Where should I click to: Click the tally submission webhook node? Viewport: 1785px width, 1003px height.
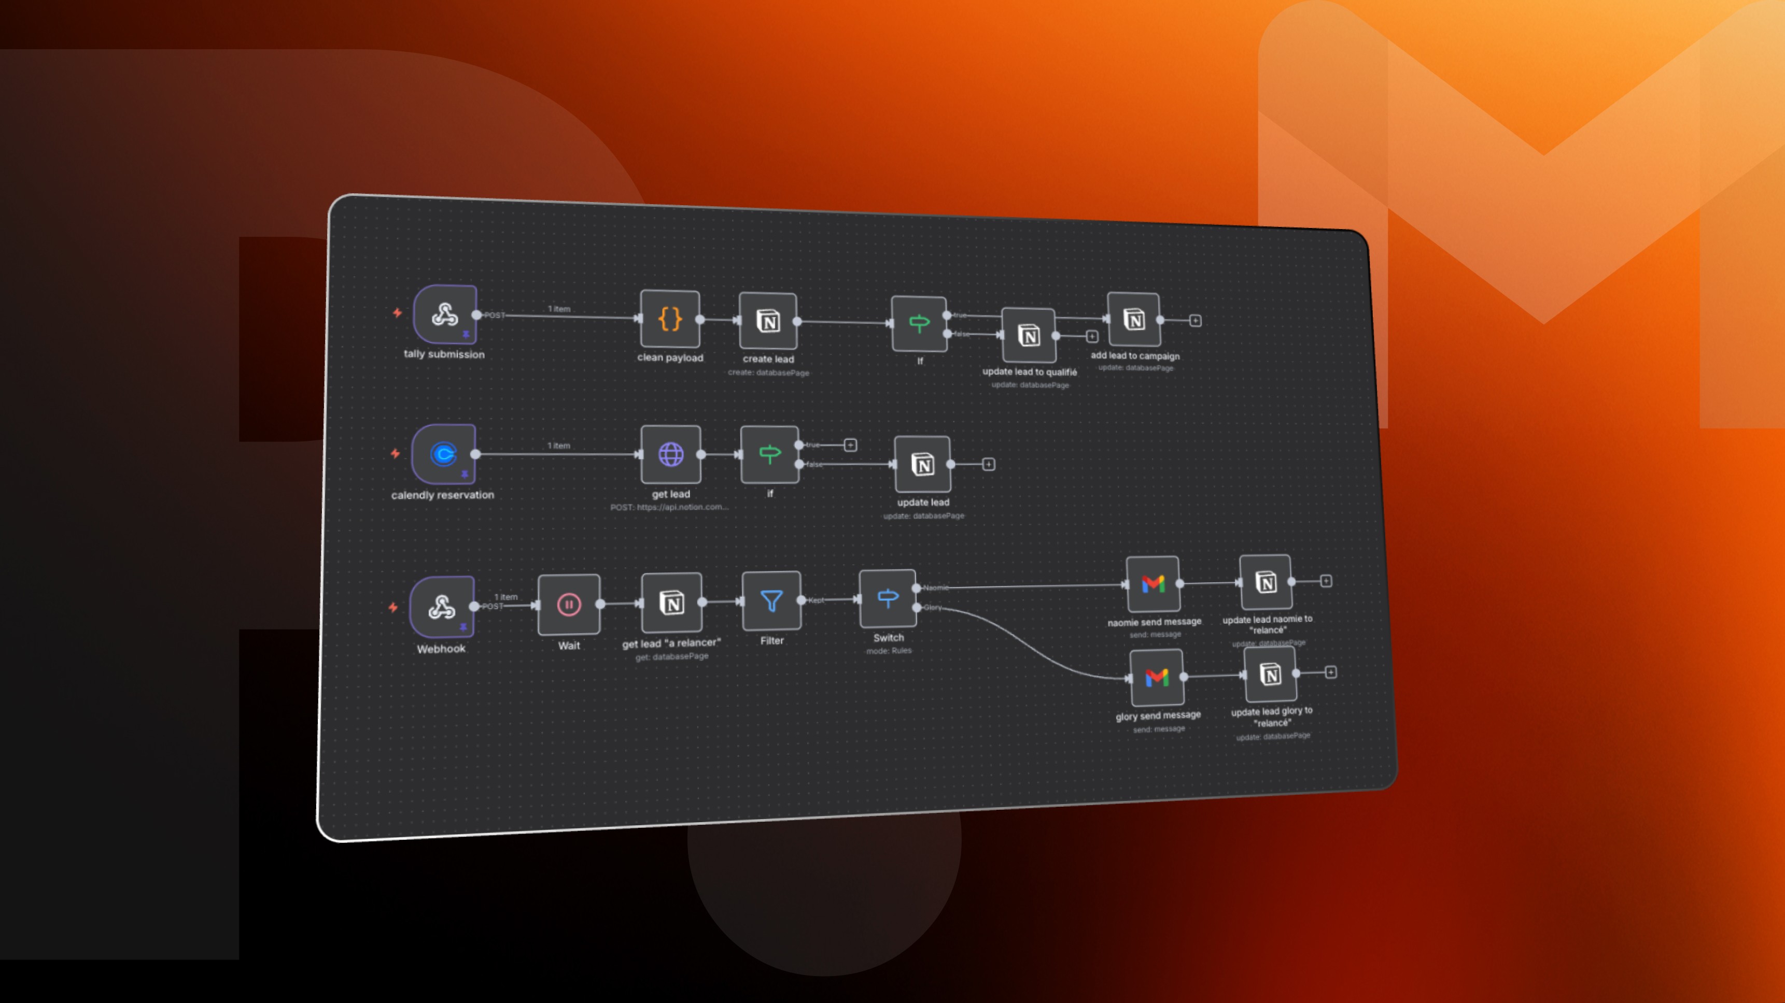pyautogui.click(x=445, y=314)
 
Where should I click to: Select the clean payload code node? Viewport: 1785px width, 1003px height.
pyautogui.click(x=669, y=319)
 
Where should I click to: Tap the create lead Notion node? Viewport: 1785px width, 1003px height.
pyautogui.click(x=768, y=321)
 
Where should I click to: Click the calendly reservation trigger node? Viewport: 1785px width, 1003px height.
pyautogui.click(x=443, y=454)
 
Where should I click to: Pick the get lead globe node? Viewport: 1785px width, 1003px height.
pyautogui.click(x=670, y=454)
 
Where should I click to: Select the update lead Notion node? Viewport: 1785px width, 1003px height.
pyautogui.click(x=922, y=464)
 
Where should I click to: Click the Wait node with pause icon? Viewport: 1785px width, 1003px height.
pyautogui.click(x=568, y=604)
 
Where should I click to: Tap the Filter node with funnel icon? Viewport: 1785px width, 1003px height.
pyautogui.click(x=771, y=600)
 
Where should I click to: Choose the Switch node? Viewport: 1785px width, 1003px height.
pyautogui.click(x=888, y=598)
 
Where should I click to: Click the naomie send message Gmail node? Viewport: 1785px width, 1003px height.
pyautogui.click(x=1153, y=584)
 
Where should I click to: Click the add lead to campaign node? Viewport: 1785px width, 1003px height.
pyautogui.click(x=1134, y=319)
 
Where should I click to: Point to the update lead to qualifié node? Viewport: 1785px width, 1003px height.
pyautogui.click(x=1029, y=335)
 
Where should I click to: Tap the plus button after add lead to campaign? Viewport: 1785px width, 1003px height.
pyautogui.click(x=1196, y=321)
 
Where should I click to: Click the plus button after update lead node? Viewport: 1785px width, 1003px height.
pyautogui.click(x=989, y=464)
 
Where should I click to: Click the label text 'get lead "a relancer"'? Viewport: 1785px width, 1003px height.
pyautogui.click(x=671, y=643)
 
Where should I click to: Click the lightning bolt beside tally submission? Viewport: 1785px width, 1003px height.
pyautogui.click(x=397, y=313)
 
